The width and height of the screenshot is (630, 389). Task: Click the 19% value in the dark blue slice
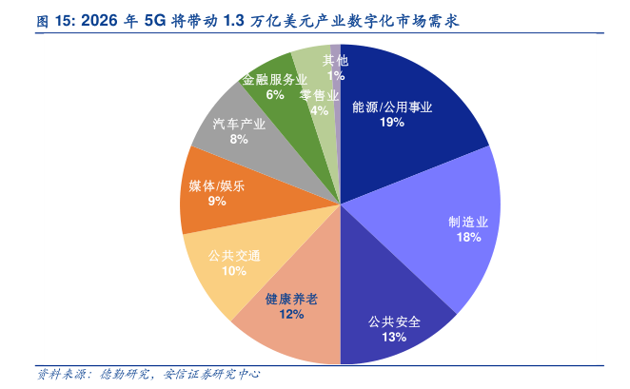coord(387,123)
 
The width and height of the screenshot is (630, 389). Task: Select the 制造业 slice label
coord(468,222)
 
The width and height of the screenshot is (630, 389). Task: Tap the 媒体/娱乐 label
coord(217,185)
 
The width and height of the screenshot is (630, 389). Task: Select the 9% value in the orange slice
coord(217,201)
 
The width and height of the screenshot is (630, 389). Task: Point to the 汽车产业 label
coord(239,125)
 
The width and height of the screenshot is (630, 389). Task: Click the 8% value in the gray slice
coord(239,140)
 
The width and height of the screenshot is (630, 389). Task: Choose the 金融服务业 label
coord(275,79)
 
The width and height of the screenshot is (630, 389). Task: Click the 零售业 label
coord(319,95)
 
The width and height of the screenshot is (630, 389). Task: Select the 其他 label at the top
coord(335,60)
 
